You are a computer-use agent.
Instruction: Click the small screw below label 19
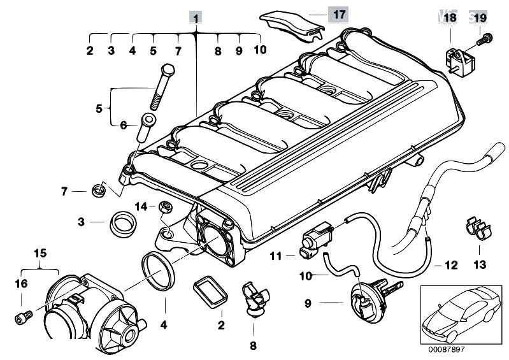[x=484, y=38]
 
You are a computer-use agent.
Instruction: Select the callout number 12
[x=451, y=264]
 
